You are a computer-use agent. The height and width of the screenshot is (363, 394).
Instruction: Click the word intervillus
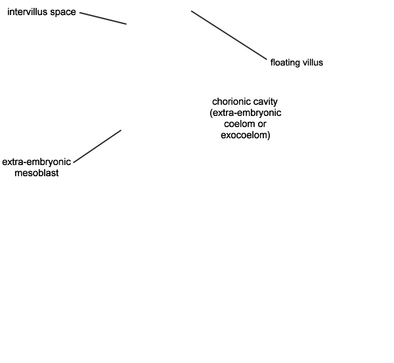(28, 12)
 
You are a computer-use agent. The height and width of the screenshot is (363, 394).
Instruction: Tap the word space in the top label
(63, 12)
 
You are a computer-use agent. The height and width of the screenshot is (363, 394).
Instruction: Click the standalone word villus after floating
(313, 62)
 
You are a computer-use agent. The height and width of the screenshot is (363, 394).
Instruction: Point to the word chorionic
(231, 102)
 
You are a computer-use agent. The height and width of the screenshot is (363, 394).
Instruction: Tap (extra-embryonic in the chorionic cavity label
(246, 113)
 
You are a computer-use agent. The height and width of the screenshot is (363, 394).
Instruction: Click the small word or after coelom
(261, 124)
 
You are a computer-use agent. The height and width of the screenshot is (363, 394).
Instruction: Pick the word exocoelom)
(246, 135)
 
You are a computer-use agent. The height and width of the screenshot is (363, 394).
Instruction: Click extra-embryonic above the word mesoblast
(36, 162)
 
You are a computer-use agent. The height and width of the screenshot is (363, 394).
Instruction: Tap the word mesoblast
(37, 173)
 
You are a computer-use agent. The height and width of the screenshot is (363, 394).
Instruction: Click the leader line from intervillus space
(103, 18)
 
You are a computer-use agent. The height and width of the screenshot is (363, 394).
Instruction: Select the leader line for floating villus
(229, 35)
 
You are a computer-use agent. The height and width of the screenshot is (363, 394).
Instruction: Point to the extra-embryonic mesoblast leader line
(97, 146)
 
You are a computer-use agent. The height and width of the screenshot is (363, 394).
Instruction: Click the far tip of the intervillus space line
(126, 24)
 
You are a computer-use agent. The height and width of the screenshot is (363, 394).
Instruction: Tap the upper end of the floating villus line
(191, 10)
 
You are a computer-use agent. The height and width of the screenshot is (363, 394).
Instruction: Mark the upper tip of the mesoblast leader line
(121, 130)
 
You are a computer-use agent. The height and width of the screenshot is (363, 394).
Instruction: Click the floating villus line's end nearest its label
(267, 60)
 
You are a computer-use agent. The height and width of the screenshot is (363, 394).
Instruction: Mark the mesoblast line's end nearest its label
(74, 162)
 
